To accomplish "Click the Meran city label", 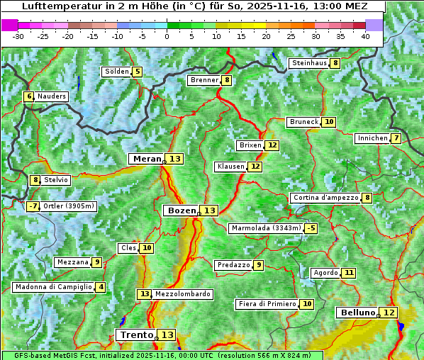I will point(147,159).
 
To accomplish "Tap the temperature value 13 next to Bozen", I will point(210,210).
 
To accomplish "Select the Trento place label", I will point(136,334).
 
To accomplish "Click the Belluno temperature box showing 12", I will point(389,313).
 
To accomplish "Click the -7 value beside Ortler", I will point(33,206).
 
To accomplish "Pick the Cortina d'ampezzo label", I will point(325,198).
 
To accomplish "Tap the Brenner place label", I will point(204,80).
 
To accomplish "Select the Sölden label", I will point(117,72).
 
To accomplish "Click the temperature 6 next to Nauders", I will point(29,96).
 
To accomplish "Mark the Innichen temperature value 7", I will point(396,138).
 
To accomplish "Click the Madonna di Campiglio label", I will point(53,287).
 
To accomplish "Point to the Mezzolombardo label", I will point(182,294).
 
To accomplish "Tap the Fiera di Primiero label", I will point(267,304).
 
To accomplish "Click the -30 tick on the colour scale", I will point(18,35).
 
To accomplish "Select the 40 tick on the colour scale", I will point(365,35).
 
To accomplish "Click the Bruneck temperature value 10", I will point(329,122).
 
